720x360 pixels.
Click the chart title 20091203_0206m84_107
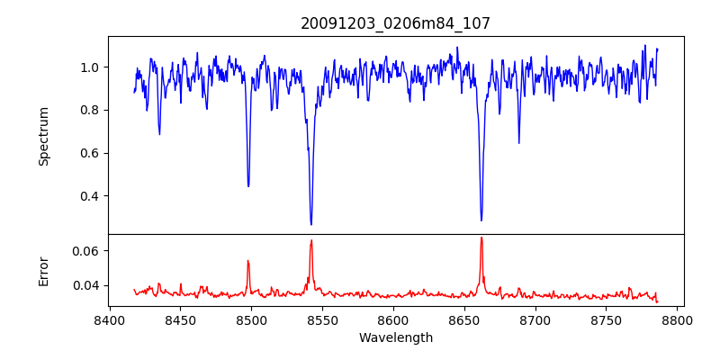pyautogui.click(x=395, y=23)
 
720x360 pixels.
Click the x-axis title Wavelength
pyautogui.click(x=395, y=338)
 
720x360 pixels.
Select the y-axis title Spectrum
pyautogui.click(x=43, y=136)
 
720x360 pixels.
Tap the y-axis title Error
pyautogui.click(x=43, y=270)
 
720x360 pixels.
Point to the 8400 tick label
pyautogui.click(x=109, y=319)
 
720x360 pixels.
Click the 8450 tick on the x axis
pyautogui.click(x=180, y=319)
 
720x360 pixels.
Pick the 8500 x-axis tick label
pyautogui.click(x=251, y=319)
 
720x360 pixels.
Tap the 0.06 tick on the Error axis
pyautogui.click(x=85, y=250)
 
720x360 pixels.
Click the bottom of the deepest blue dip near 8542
pyautogui.click(x=311, y=224)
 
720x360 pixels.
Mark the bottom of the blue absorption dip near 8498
pyautogui.click(x=248, y=186)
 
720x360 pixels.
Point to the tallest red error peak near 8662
pyautogui.click(x=481, y=238)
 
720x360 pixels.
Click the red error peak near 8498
pyautogui.click(x=248, y=261)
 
